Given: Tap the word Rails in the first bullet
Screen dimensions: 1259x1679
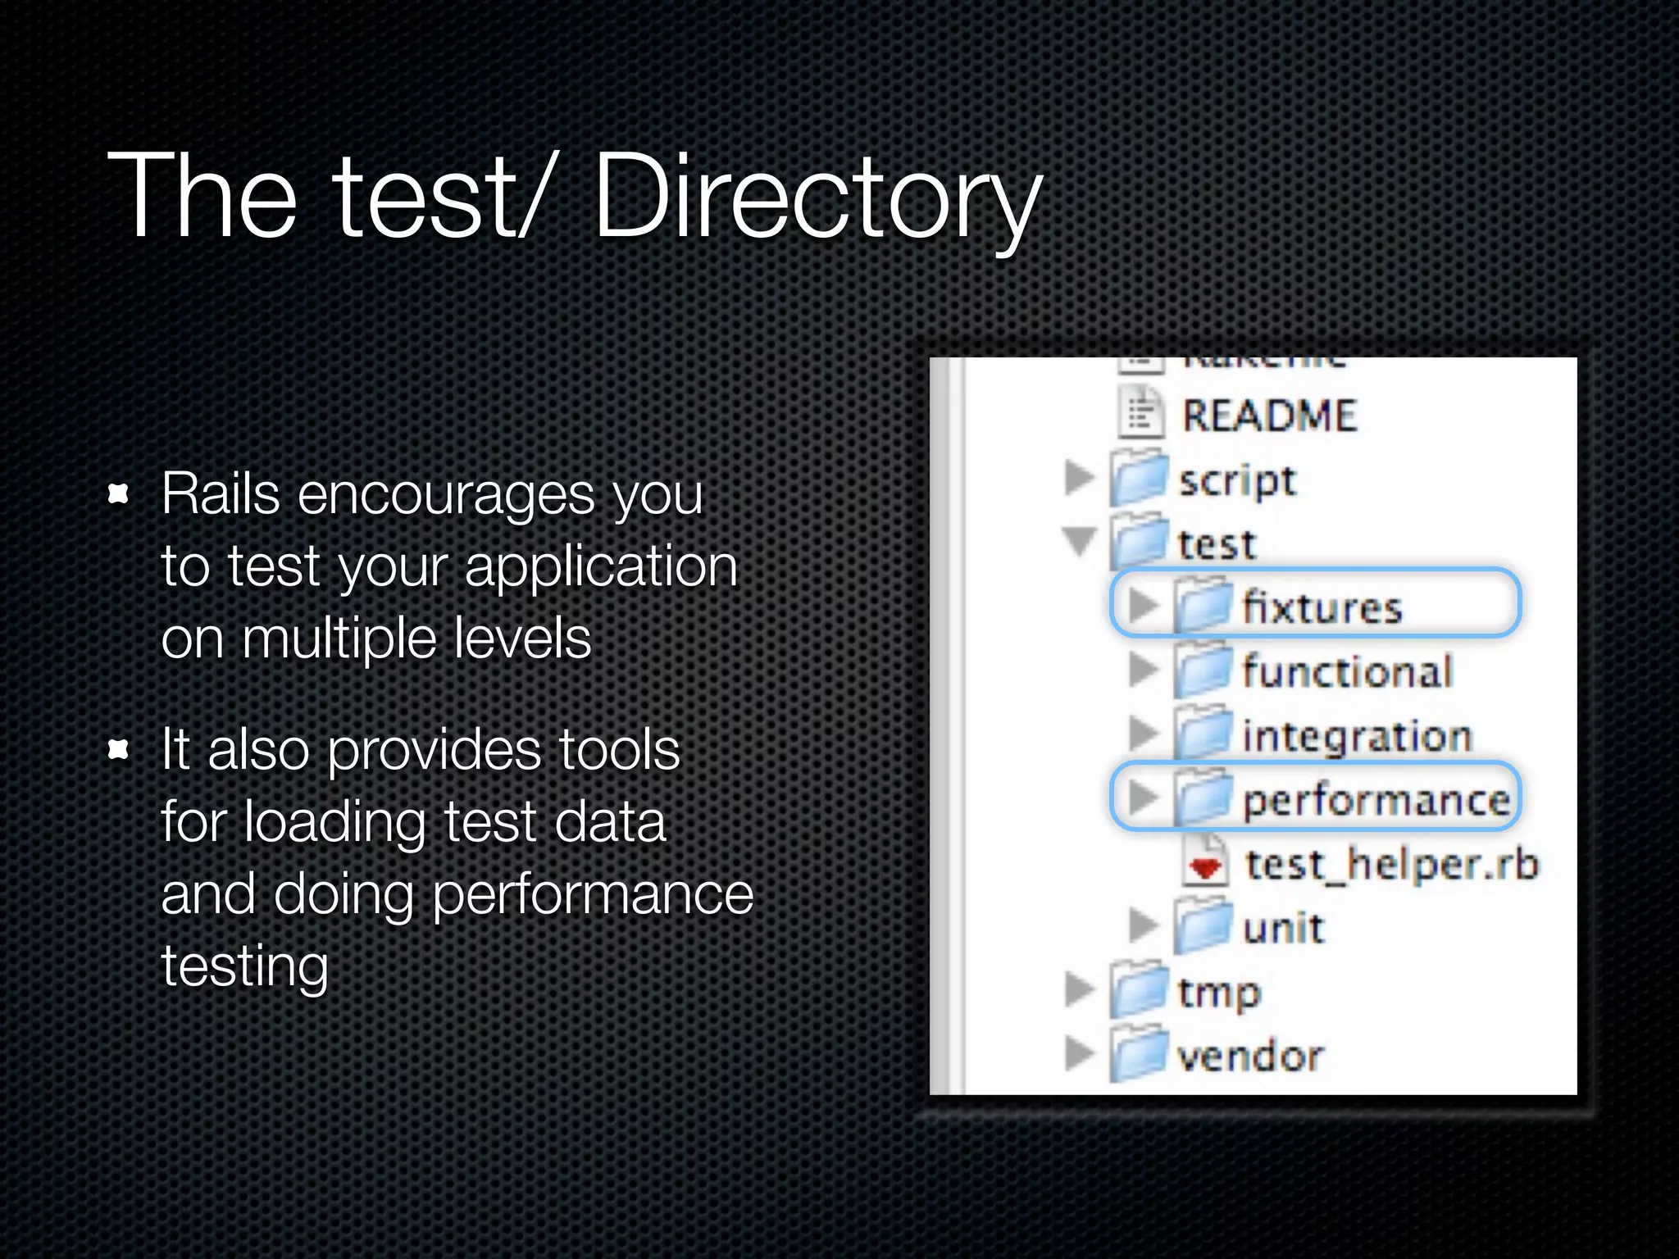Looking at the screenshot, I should click(220, 494).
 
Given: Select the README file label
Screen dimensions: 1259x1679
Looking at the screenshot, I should click(1269, 416).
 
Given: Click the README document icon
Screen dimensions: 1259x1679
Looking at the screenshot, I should click(1140, 413).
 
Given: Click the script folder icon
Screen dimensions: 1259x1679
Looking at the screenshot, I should click(1139, 478).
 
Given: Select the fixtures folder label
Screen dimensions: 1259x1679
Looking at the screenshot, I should click(1322, 608).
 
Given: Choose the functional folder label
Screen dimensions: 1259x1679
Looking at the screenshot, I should click(1347, 672).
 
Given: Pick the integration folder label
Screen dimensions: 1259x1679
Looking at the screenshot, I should click(1357, 736).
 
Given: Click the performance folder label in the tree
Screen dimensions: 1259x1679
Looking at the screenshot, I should click(1376, 800).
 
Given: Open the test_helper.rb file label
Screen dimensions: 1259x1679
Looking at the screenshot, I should click(1392, 864).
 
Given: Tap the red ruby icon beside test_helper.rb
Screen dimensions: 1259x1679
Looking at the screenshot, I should click(1204, 866).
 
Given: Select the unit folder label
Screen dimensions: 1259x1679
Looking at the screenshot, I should click(1283, 929).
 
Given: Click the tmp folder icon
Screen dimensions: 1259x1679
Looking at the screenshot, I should click(1139, 990).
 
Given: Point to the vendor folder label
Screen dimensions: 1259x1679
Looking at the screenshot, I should click(1250, 1056).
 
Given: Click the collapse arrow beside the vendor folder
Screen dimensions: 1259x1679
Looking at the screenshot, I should click(1080, 1053).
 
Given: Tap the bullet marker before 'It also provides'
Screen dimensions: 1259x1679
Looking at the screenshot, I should click(119, 749).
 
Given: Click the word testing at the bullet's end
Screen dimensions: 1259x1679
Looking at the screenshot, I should click(244, 966).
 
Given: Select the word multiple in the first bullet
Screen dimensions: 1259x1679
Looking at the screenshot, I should click(339, 639).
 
